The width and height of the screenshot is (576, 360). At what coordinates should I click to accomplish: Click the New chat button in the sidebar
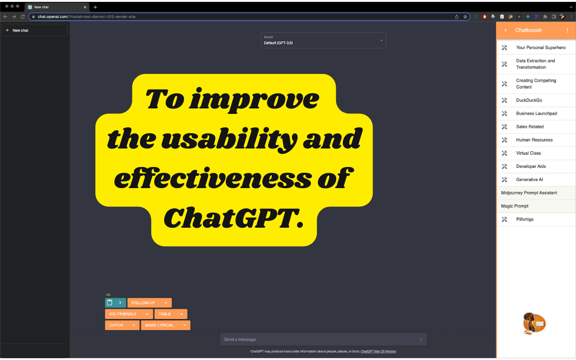coord(35,30)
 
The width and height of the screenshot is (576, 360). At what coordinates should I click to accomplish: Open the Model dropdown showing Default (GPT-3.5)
coord(323,40)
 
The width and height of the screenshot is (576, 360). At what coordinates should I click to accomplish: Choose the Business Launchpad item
coord(536,113)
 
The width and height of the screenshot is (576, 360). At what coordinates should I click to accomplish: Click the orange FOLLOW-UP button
coord(149,303)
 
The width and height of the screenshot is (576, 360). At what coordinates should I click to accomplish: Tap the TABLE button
coord(171,314)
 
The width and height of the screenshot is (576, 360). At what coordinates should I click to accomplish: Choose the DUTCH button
coord(122,325)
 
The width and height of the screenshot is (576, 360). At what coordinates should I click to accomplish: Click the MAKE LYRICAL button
coord(166,325)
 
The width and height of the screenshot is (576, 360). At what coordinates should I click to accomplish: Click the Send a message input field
coord(323,339)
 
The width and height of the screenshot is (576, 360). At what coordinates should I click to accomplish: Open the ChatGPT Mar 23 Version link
coord(378,351)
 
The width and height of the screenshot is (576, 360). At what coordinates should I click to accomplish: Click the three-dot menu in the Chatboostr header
coord(567,30)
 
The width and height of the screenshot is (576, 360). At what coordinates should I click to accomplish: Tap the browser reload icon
coord(22,17)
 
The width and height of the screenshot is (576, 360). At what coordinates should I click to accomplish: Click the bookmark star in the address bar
coord(465,17)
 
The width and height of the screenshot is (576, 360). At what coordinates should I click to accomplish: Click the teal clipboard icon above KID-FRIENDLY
coord(110,303)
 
